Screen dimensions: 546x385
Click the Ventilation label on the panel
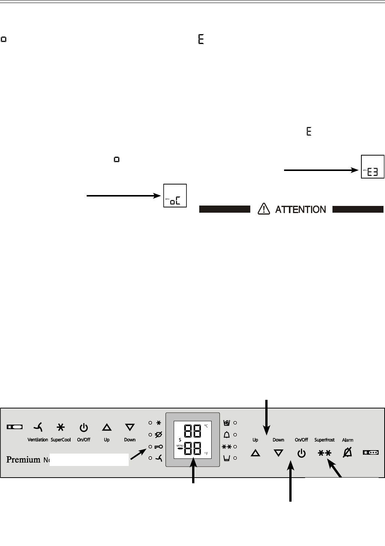point(38,440)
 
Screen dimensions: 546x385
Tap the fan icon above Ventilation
point(38,427)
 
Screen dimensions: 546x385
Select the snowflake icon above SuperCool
point(60,427)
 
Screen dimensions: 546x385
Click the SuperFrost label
point(324,440)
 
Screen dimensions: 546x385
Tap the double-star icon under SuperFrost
point(325,454)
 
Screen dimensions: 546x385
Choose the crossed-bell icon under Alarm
point(347,453)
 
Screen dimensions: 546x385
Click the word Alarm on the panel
point(347,440)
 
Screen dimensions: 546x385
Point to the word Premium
point(23,460)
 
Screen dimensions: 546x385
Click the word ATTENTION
point(301,209)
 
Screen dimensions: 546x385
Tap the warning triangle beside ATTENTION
point(264,209)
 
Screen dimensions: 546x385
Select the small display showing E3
point(373,166)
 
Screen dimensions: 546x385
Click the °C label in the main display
point(206,426)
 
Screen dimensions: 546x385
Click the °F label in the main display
point(206,454)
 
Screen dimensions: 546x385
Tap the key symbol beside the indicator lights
point(158,447)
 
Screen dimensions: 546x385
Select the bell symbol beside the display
point(227,435)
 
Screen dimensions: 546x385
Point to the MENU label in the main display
point(179,445)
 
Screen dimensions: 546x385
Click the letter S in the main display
point(180,439)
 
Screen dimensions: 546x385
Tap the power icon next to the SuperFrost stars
point(301,454)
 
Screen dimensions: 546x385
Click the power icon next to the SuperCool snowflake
point(83,427)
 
